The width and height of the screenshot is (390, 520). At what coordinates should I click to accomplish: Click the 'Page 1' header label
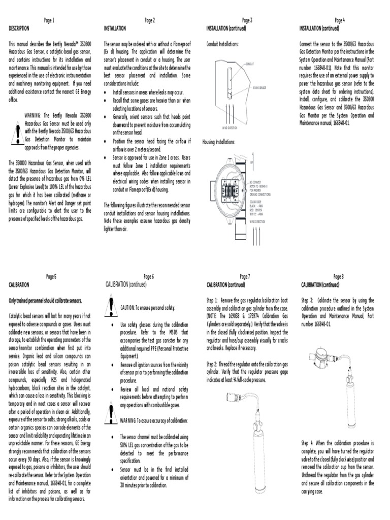49,20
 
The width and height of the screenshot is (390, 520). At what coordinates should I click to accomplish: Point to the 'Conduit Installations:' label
222,44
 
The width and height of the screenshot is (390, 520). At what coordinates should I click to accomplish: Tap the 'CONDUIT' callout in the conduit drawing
250,64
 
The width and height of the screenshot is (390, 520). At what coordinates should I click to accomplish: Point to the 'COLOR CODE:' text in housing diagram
255,202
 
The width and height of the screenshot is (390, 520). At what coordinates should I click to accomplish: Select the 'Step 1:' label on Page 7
212,300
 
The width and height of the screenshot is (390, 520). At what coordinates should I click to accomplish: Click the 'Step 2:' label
212,365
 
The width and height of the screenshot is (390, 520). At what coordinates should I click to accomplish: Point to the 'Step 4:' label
308,443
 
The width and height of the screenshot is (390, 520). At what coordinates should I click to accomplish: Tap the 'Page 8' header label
339,276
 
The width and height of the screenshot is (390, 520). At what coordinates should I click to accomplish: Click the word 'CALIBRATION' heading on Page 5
19,285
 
